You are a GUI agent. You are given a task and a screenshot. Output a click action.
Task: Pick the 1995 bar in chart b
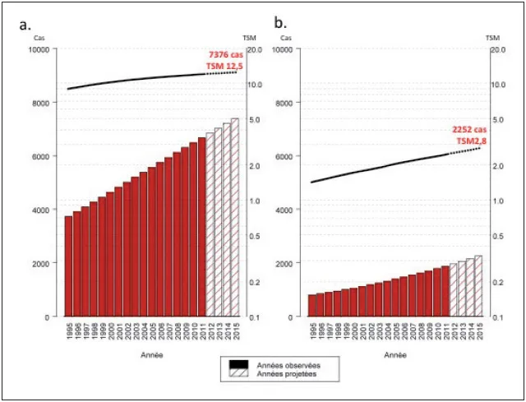point(312,305)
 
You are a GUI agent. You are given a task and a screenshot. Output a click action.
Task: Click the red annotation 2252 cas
point(469,130)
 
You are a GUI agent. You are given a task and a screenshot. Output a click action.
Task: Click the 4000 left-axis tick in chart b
point(287,210)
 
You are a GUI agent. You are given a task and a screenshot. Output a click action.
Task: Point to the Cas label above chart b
point(285,38)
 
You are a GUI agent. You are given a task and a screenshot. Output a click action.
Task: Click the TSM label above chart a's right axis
point(249,38)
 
